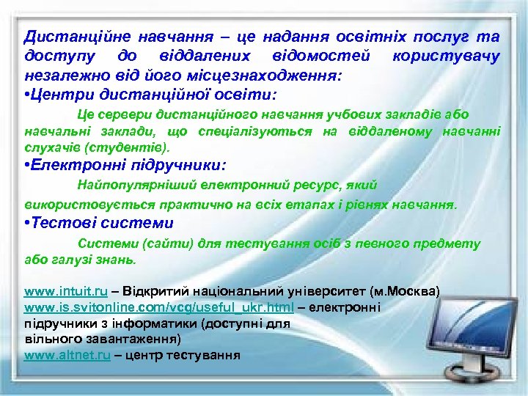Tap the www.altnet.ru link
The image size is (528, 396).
[x=67, y=355]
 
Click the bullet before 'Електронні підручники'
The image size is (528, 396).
[x=27, y=166]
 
